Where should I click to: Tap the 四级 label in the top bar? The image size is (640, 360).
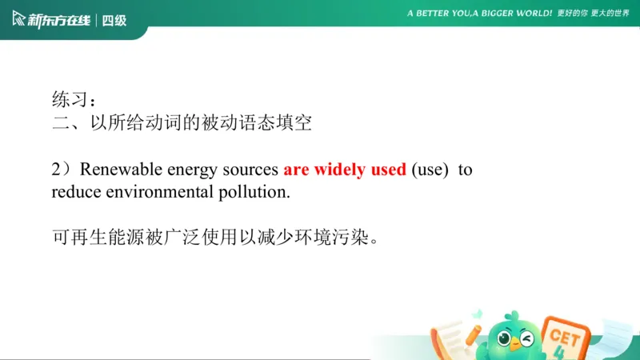pyautogui.click(x=114, y=20)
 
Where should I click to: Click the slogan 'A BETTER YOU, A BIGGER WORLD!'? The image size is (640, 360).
pyautogui.click(x=479, y=14)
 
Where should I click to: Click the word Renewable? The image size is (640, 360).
pyautogui.click(x=121, y=170)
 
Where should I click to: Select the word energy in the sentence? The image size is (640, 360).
pyautogui.click(x=193, y=170)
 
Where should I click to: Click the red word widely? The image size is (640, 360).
pyautogui.click(x=339, y=170)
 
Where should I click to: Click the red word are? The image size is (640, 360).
pyautogui.click(x=296, y=170)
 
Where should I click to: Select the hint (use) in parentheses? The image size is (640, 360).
pyautogui.click(x=430, y=170)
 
